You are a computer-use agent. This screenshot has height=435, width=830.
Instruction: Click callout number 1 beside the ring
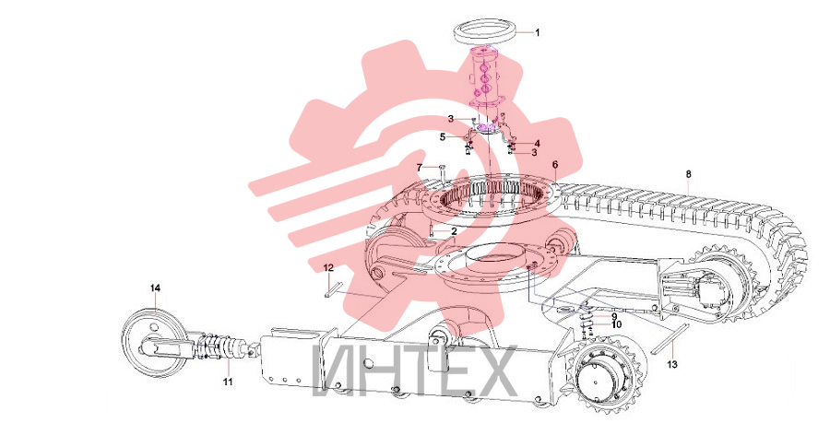(x=538, y=33)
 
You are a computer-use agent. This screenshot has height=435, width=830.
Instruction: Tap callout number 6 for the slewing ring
(x=555, y=165)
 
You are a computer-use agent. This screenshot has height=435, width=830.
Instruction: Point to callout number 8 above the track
(x=688, y=174)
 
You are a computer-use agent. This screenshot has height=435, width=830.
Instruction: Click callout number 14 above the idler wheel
(x=155, y=288)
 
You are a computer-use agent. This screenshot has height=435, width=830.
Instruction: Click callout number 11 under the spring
(x=228, y=382)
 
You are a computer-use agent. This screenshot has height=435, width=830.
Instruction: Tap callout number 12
(x=328, y=268)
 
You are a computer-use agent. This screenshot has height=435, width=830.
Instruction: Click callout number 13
(x=671, y=365)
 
